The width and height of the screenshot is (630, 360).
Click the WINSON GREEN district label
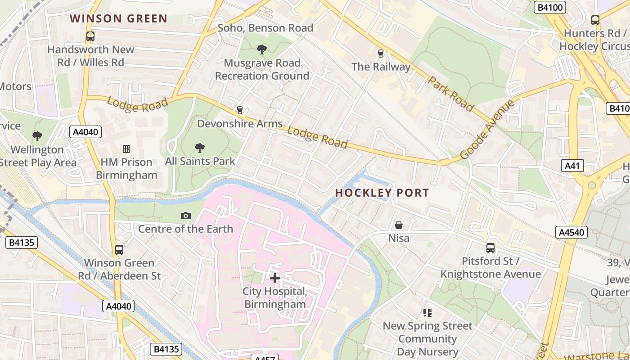pyautogui.click(x=119, y=19)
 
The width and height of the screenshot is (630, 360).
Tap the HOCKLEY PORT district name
pyautogui.click(x=382, y=193)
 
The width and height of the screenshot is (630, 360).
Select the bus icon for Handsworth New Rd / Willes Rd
pyautogui.click(x=90, y=36)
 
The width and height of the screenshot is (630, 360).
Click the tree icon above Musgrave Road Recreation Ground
pyautogui.click(x=261, y=49)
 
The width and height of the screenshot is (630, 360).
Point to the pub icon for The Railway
pyautogui.click(x=381, y=54)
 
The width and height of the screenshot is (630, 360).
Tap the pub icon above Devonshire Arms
pyautogui.click(x=239, y=110)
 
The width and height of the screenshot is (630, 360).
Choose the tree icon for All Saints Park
pyautogui.click(x=199, y=148)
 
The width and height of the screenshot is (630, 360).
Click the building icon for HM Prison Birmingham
pyautogui.click(x=126, y=149)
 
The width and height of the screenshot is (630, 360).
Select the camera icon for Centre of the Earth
pyautogui.click(x=185, y=216)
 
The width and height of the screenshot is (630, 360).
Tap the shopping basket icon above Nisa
pyautogui.click(x=399, y=225)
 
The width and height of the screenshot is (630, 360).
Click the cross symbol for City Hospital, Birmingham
pyautogui.click(x=275, y=278)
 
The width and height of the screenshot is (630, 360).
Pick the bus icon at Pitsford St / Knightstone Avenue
pyautogui.click(x=490, y=248)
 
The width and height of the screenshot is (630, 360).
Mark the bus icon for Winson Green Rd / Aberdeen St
pyautogui.click(x=119, y=250)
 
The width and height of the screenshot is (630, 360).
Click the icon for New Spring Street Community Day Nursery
pyautogui.click(x=427, y=312)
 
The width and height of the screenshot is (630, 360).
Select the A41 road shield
pyautogui.click(x=572, y=166)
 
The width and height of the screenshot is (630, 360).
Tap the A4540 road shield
pyautogui.click(x=571, y=232)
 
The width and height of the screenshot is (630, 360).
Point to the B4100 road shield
pyautogui.click(x=550, y=7)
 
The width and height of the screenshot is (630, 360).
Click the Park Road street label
pyautogui.click(x=450, y=94)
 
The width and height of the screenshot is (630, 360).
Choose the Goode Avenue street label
pyautogui.click(x=487, y=130)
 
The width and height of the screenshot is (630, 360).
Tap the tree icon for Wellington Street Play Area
pyautogui.click(x=37, y=136)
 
